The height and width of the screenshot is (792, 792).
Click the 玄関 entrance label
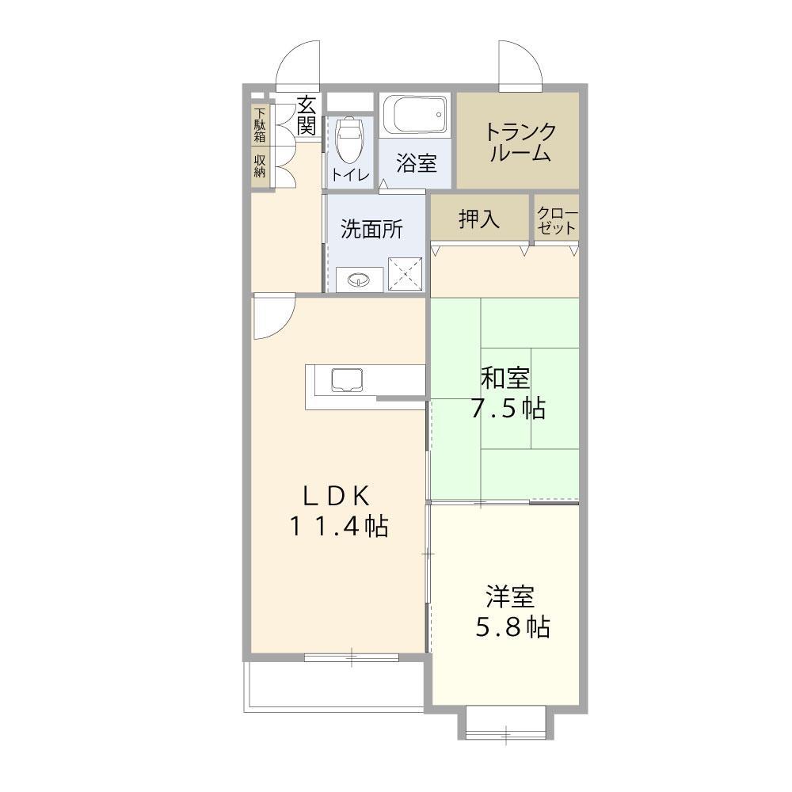pos(307,115)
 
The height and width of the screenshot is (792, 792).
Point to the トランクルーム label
pos(520,142)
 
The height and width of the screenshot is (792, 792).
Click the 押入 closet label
pos(479,219)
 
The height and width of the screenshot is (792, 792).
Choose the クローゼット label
pos(557,219)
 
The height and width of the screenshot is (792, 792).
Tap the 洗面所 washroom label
pos(371,229)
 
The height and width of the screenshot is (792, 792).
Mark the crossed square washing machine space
pos(406,274)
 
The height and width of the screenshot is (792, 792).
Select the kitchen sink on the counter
pos(346,380)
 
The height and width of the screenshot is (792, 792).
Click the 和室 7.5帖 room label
pos(507,392)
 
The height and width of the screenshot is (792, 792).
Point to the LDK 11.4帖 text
pos(337,511)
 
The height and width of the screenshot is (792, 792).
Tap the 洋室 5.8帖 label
pos(512,612)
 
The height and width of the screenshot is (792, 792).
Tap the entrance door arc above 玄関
pos(298,63)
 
